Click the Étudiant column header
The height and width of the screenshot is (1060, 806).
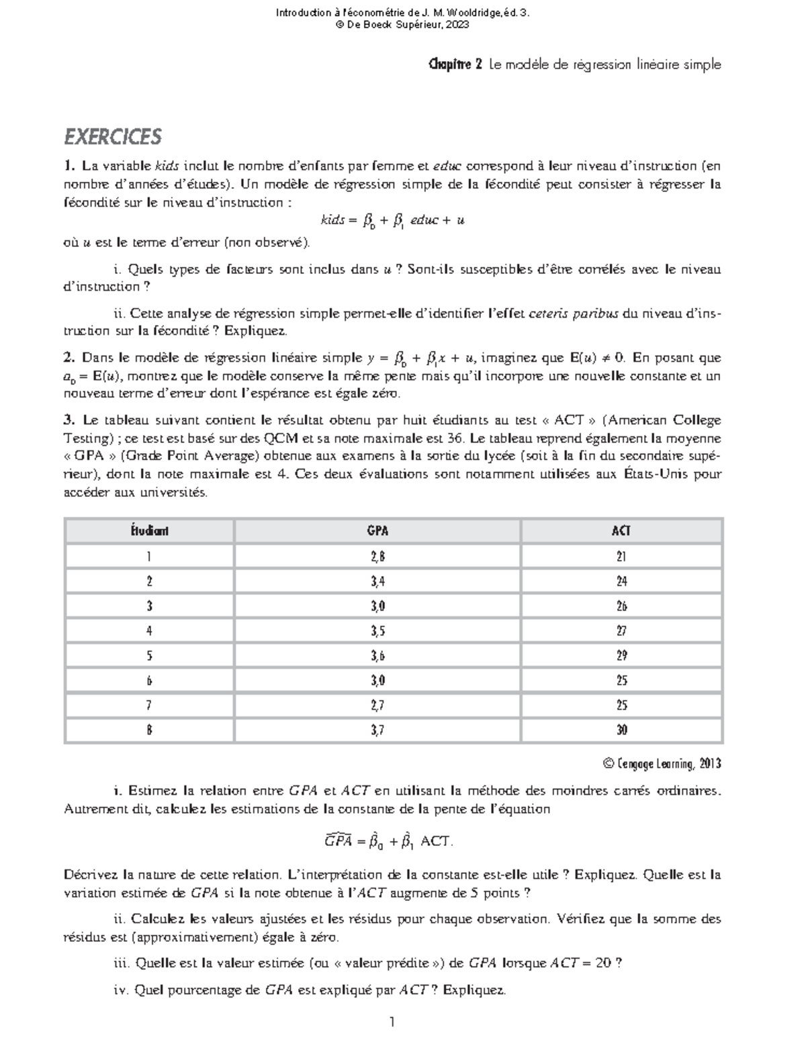[x=149, y=531]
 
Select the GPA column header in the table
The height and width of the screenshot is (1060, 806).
[x=377, y=531]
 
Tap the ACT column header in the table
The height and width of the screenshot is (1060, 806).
[x=621, y=531]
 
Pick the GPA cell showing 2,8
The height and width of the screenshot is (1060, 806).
[x=377, y=557]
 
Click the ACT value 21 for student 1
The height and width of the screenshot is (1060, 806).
[x=621, y=557]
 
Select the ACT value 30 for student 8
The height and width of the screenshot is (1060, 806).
[x=621, y=730]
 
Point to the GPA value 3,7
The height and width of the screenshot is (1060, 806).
[x=377, y=730]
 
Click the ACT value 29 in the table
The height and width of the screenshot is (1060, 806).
[x=621, y=656]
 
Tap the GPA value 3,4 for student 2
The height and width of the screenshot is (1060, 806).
[x=377, y=581]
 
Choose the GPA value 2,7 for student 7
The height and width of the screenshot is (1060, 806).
[x=377, y=706]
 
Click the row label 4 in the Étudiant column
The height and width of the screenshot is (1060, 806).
[x=149, y=631]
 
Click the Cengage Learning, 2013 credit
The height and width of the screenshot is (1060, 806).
[x=662, y=764]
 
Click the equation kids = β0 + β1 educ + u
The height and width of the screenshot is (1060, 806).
[x=393, y=220]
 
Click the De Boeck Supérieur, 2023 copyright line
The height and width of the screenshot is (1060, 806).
[x=403, y=25]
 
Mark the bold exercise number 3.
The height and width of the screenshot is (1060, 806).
[x=68, y=420]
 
